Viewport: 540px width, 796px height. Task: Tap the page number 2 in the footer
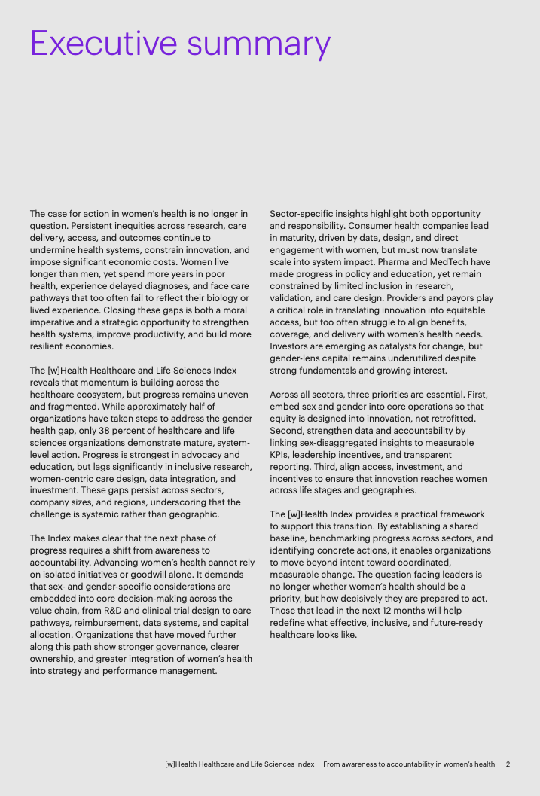coord(508,764)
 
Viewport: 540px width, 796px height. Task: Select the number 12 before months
coord(392,611)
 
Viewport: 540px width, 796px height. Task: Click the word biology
coord(218,298)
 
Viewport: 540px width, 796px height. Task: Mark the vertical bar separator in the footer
coord(319,764)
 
